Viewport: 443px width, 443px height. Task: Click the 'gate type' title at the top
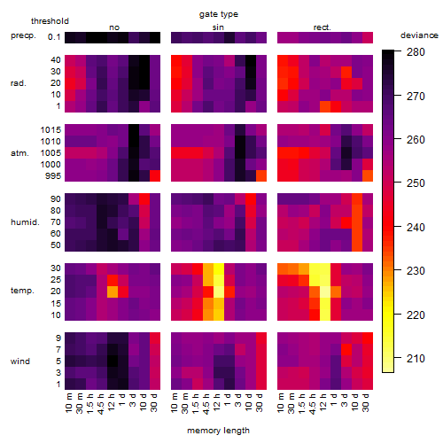pos(219,14)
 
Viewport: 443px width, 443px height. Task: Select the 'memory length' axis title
pos(218,431)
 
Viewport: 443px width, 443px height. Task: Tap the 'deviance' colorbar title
pos(419,35)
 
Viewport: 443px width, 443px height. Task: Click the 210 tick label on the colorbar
pos(416,359)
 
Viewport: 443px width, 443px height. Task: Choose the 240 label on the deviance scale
pos(416,228)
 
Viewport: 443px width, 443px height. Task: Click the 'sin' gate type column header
pos(218,27)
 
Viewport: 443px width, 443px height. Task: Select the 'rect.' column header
pos(322,27)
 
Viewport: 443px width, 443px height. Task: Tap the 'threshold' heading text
pos(50,21)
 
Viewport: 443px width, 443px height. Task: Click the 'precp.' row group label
pos(23,35)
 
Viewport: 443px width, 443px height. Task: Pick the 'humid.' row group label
pos(25,221)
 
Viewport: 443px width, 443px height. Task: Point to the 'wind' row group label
pos(20,361)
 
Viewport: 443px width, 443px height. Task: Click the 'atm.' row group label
pos(19,153)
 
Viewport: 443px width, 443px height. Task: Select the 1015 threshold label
pos(51,129)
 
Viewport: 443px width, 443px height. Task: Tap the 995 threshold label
pos(53,175)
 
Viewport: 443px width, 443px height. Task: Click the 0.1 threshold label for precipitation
pos(54,37)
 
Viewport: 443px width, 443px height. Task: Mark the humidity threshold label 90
pos(56,198)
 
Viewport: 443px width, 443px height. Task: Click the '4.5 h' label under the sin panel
pos(206,403)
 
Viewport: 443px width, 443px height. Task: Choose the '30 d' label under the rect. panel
pos(366,402)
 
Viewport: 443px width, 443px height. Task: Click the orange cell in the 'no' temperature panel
pos(113,291)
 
